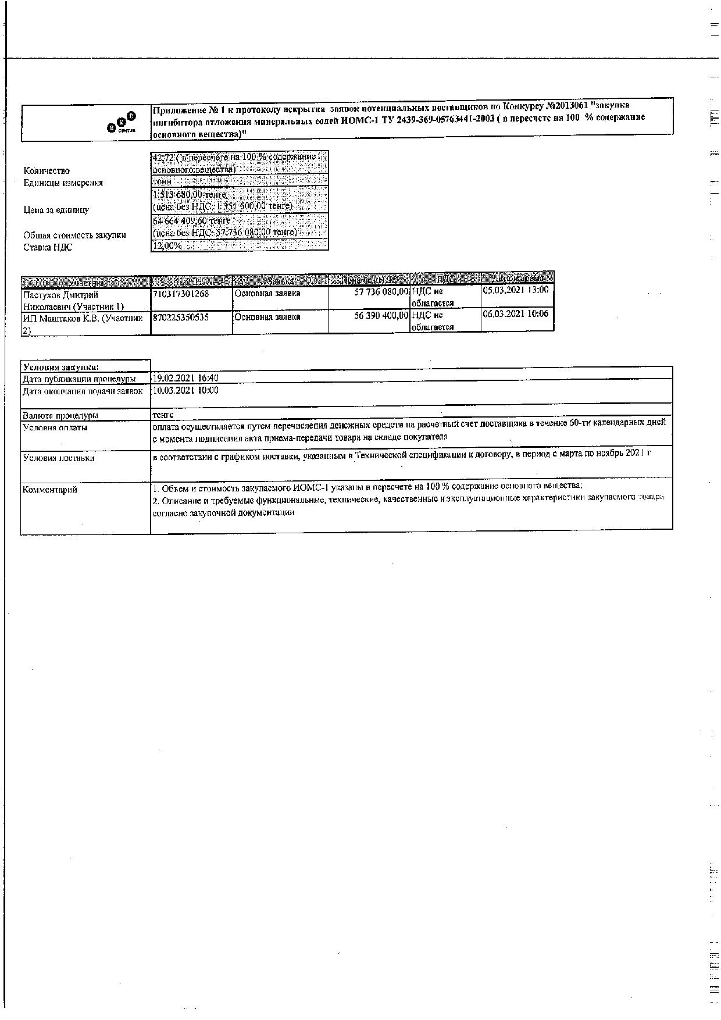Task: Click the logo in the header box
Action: click(122, 123)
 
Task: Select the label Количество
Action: click(47, 170)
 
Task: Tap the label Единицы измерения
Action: click(63, 183)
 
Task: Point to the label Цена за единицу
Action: click(56, 210)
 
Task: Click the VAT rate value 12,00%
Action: click(167, 245)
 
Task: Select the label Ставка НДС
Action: click(48, 247)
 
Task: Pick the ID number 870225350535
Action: click(181, 318)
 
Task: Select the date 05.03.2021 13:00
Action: click(515, 290)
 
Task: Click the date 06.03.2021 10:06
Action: click(515, 314)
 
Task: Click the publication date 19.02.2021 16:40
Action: click(185, 379)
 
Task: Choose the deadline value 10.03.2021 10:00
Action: click(185, 390)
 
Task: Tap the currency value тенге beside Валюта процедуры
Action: click(163, 415)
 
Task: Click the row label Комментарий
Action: click(49, 490)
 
